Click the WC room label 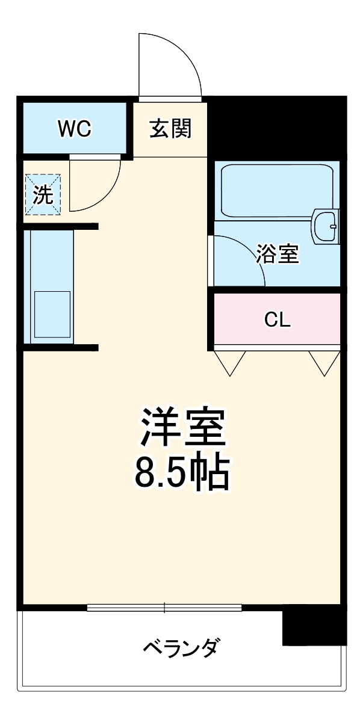click(74, 128)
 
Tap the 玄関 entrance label click(170, 128)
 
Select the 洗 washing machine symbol click(42, 195)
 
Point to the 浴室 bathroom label click(278, 254)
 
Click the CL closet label click(278, 320)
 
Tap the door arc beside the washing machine click(99, 187)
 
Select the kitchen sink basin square click(52, 313)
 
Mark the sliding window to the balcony click(164, 608)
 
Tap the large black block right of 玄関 click(277, 126)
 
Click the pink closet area click(241, 320)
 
